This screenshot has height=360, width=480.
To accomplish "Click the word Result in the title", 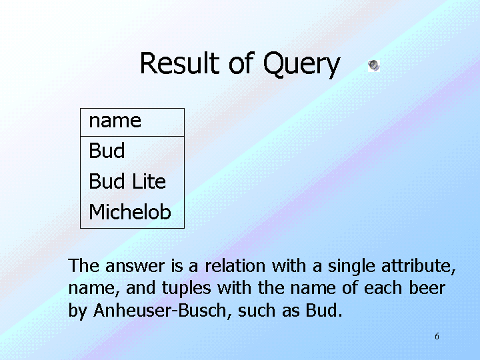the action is click(180, 63).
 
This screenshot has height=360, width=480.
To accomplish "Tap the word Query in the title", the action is click(301, 65).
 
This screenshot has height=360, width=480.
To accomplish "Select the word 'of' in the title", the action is click(241, 63).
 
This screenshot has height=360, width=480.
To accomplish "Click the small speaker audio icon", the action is click(374, 65).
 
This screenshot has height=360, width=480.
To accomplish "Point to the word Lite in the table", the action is click(149, 181).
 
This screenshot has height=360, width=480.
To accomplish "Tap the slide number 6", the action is click(437, 336).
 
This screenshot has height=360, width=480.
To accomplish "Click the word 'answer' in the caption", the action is click(135, 266).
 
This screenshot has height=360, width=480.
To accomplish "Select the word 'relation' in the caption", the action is click(235, 265).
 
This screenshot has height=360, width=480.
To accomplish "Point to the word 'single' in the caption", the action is click(351, 266).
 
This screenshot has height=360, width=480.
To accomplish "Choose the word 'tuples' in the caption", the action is click(187, 289).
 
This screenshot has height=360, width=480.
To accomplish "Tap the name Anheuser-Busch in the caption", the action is click(160, 311).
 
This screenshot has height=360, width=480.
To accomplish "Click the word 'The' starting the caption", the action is click(83, 265).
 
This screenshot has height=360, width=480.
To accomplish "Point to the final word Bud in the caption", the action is click(321, 311).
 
